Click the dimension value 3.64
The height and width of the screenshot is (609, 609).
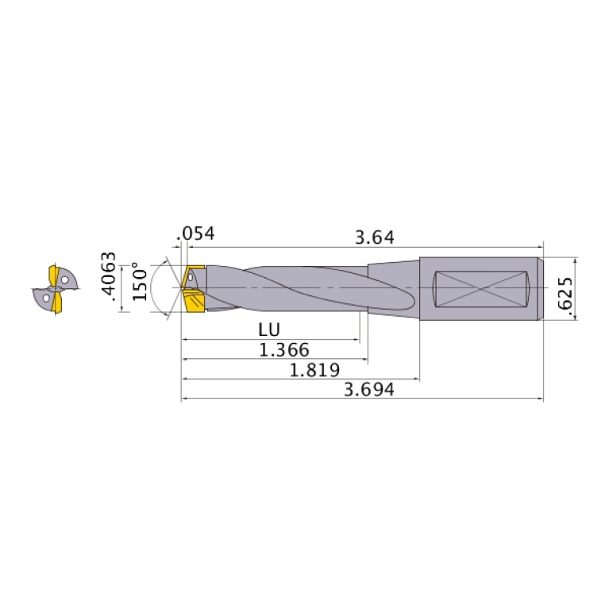(375, 237)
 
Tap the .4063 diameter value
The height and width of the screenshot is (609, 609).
(110, 280)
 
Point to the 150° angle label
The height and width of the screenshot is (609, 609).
(140, 281)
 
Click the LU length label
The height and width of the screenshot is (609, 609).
(268, 329)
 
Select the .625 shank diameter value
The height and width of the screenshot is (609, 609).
(565, 295)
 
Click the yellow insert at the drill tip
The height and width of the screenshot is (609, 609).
(194, 302)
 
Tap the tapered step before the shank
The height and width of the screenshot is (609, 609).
(393, 288)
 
